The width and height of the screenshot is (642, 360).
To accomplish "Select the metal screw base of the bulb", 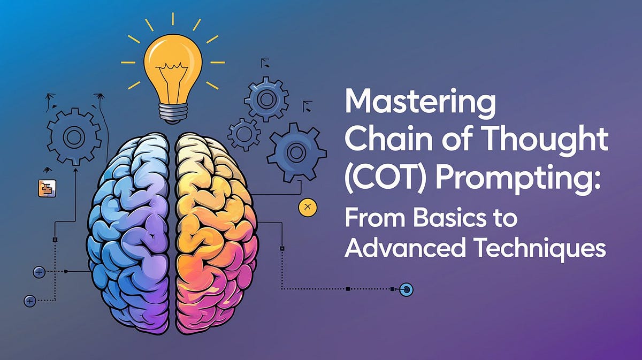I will pos(172,111).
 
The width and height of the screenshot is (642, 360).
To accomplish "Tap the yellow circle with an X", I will pos(307,206).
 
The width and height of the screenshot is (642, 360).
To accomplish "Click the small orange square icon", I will pos(47,188).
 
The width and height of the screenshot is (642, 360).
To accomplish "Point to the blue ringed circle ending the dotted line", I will pos(407,289).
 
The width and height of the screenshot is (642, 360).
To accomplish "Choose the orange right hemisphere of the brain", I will pos(214,225).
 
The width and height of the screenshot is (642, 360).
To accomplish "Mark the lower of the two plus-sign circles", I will pos(30,301).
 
